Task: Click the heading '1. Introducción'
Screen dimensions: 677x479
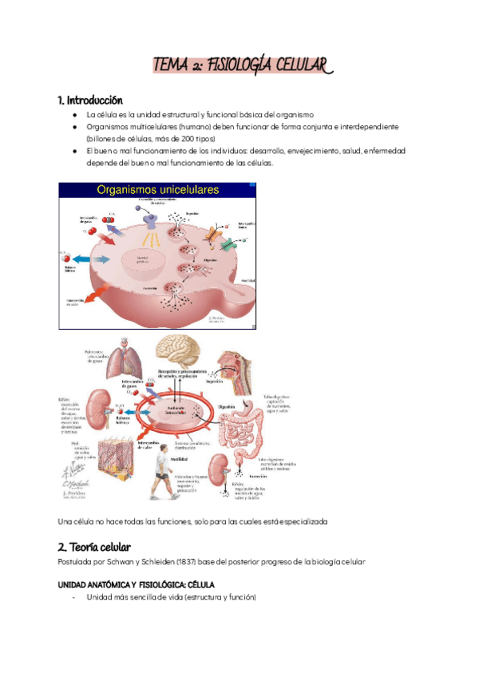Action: click(90, 101)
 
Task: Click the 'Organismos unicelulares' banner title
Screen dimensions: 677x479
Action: click(159, 190)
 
